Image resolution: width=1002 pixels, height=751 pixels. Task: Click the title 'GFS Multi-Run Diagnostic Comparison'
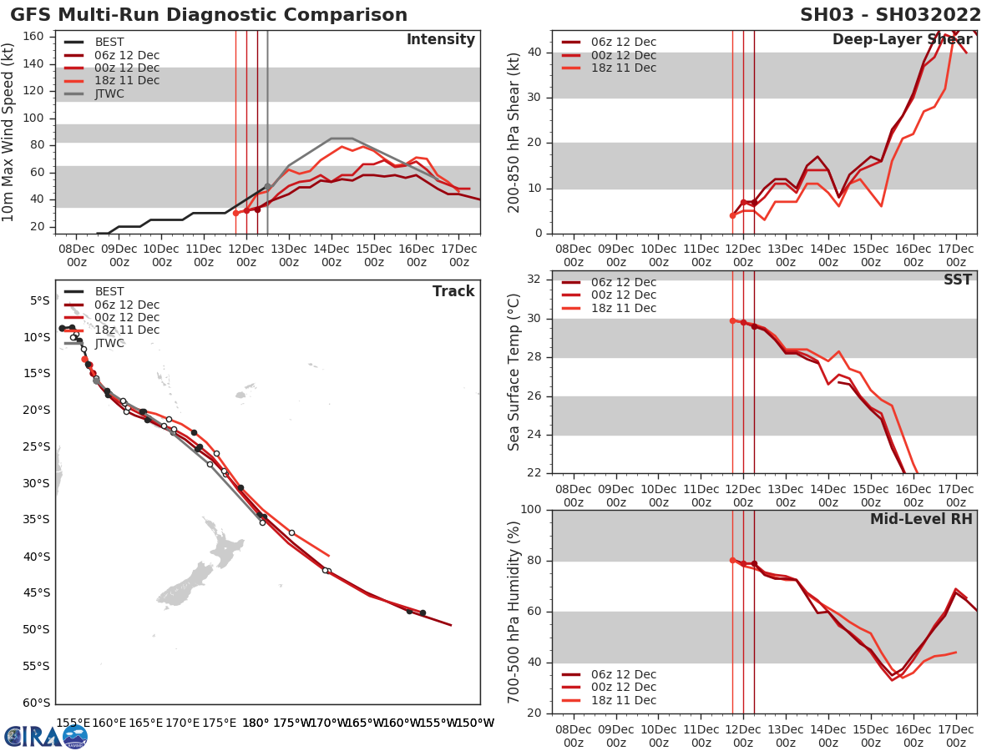[x=209, y=15]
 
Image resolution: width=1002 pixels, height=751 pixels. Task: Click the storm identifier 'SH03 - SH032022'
[x=888, y=15]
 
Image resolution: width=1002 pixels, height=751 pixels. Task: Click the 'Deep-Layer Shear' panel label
[x=902, y=40]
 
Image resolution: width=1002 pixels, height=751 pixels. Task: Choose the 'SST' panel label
[x=957, y=280]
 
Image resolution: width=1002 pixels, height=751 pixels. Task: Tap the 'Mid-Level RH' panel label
[x=920, y=520]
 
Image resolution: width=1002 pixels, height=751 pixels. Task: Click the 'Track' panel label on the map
[x=453, y=291]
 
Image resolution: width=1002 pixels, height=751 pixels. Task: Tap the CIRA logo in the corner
[x=46, y=736]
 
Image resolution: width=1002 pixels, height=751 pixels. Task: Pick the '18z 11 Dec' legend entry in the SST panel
[x=622, y=308]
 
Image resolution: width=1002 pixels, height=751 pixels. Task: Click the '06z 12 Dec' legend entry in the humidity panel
[x=622, y=674]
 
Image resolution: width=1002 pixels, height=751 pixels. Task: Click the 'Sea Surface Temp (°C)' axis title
[x=514, y=372]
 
